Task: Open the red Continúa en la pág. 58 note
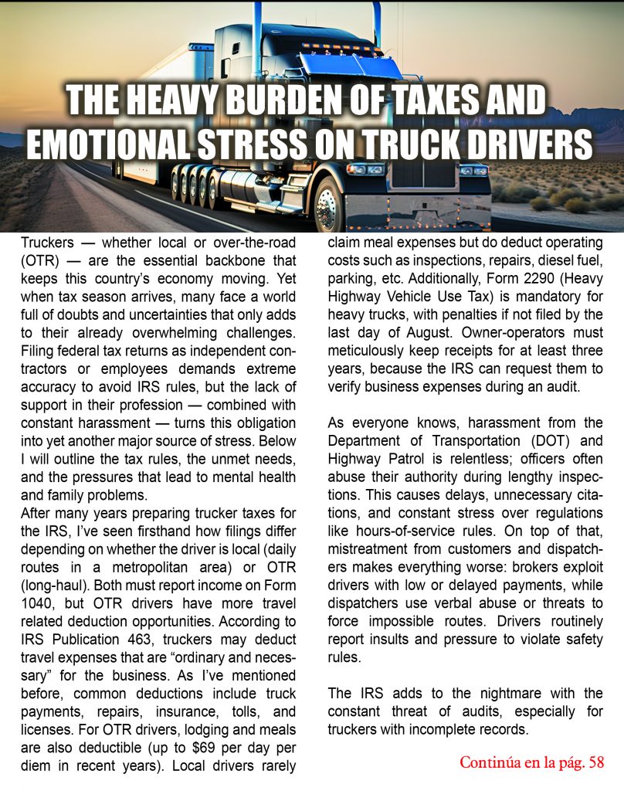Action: point(531,762)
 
